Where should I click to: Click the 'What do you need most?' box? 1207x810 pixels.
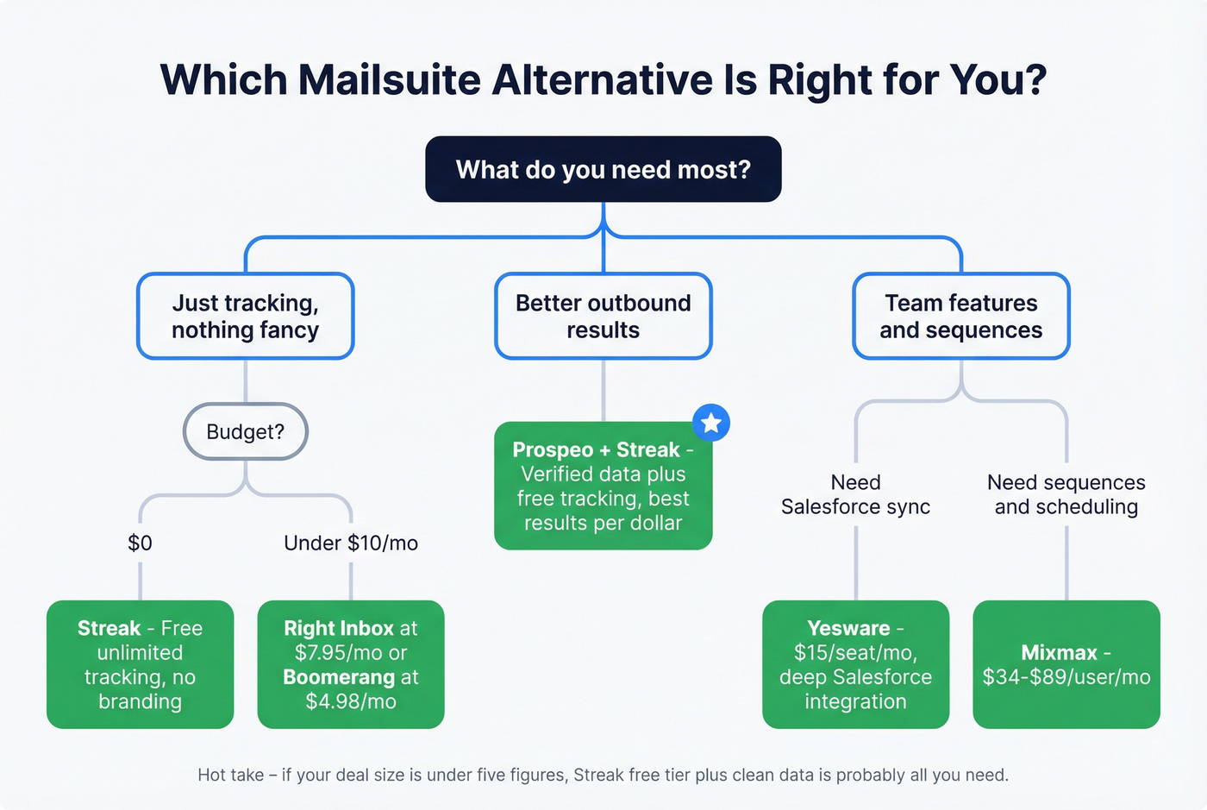(x=603, y=169)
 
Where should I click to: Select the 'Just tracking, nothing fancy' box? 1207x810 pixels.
(x=246, y=317)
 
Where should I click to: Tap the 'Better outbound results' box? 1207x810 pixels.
(x=603, y=317)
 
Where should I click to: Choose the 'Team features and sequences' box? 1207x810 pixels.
(x=961, y=317)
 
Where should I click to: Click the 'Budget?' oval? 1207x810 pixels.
(x=246, y=431)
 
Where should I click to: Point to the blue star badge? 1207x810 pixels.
(x=711, y=423)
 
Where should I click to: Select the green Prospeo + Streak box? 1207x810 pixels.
(x=603, y=486)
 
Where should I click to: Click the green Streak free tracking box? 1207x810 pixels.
(x=140, y=664)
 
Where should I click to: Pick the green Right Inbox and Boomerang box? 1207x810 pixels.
(x=351, y=664)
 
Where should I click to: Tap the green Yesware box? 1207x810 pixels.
(x=855, y=664)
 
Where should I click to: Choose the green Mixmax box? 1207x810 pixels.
(x=1066, y=664)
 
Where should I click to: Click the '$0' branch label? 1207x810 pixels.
(x=140, y=543)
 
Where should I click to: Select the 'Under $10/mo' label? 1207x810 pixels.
(x=351, y=543)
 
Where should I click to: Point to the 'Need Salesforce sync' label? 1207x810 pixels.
(x=855, y=494)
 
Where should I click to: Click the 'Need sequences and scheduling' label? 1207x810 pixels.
(x=1066, y=494)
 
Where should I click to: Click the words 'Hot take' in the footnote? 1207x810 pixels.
(x=230, y=775)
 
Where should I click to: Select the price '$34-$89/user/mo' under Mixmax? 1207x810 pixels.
(x=1066, y=677)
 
